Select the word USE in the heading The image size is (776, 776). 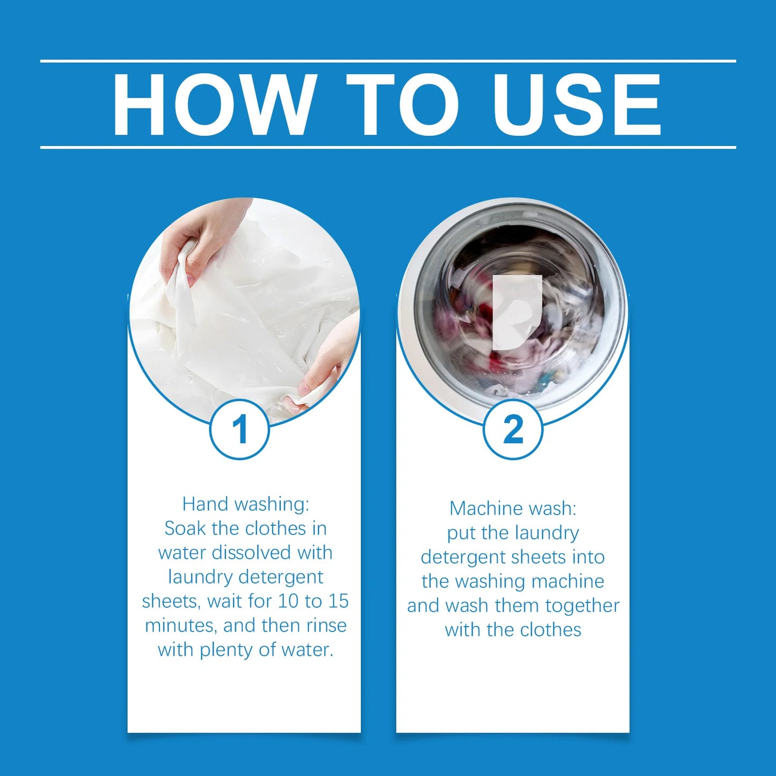[x=577, y=104]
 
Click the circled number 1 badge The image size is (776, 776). [x=240, y=429]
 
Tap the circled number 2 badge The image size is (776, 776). [x=513, y=429]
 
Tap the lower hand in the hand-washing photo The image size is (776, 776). [x=328, y=365]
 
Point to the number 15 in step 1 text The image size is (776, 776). [x=338, y=601]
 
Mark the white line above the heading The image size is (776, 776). [x=388, y=61]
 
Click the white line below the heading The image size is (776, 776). [x=388, y=147]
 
